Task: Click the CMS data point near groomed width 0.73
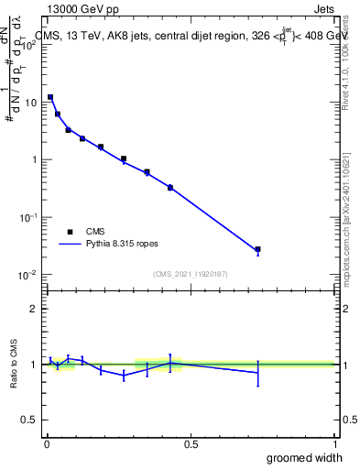point(258,249)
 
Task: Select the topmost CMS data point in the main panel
point(50,96)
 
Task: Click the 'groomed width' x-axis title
point(305,457)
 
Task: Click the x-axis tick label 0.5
point(191,444)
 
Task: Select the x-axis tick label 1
point(335,444)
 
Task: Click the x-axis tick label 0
point(47,444)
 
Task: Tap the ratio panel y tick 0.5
point(29,420)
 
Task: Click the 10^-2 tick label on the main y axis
point(27,275)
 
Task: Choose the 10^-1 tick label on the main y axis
point(27,217)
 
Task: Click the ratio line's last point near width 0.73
point(258,372)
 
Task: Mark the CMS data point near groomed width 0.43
point(170,187)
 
